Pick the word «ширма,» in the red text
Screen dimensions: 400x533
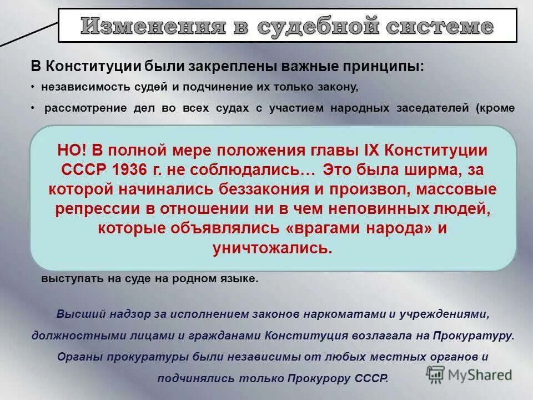[x=438, y=169]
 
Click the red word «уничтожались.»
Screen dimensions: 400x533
[x=273, y=248]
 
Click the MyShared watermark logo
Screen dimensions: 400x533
[x=469, y=374]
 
